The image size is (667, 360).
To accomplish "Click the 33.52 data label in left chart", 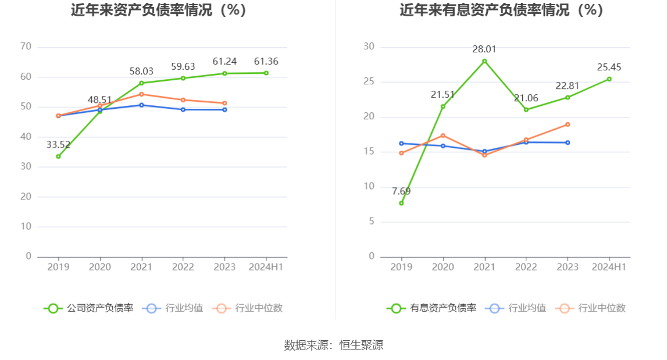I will point(58,145).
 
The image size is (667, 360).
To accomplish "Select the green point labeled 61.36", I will point(266,73).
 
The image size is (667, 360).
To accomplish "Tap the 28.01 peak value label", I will point(484,49).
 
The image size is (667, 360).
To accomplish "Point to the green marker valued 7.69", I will point(401,203).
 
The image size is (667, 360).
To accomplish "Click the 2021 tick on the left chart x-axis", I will point(141,267).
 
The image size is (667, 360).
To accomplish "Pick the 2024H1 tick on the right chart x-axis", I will point(609,267).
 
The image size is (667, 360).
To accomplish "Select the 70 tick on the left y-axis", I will point(26,47).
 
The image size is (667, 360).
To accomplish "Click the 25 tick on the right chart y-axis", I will point(369,82).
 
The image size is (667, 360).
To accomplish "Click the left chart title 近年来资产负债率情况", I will point(158,10).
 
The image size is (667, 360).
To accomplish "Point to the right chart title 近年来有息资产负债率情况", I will point(501,10).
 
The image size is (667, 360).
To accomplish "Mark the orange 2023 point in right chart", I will point(568,124).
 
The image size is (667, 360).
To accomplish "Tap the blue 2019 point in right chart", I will point(401,143).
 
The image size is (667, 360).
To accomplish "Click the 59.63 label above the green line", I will point(183,67).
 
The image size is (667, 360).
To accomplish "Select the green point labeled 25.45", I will point(609,79).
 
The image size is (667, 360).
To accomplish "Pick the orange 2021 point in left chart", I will point(141,94).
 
